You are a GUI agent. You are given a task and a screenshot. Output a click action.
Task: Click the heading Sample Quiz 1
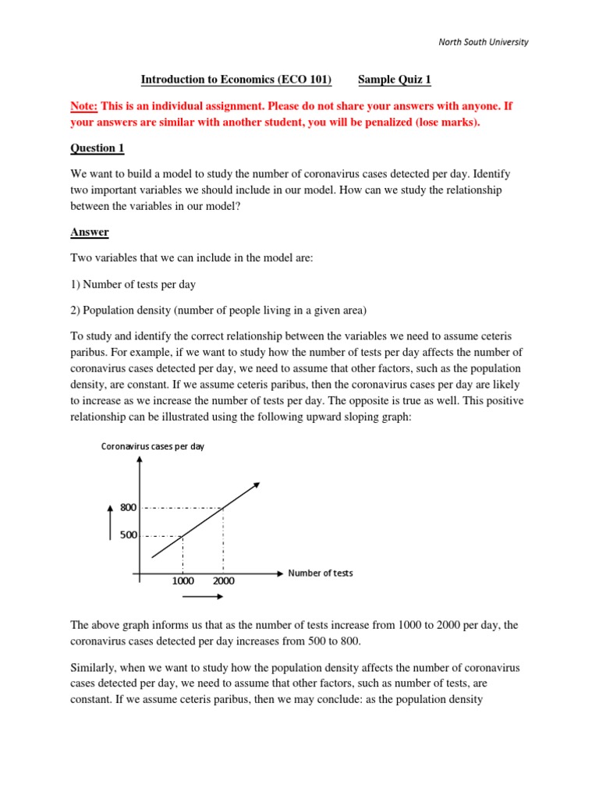click(x=395, y=80)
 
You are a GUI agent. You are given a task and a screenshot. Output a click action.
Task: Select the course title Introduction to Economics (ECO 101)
click(x=236, y=80)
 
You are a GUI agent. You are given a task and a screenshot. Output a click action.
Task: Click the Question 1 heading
click(x=97, y=147)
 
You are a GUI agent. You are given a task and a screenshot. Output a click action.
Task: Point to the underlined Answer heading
click(x=90, y=232)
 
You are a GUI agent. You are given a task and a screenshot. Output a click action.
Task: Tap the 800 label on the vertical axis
click(x=129, y=508)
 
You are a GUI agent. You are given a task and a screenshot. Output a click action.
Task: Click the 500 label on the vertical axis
click(x=129, y=536)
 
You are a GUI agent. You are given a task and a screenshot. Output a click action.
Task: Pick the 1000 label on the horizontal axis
click(x=183, y=581)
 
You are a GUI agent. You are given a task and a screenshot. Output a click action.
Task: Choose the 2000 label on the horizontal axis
click(x=222, y=581)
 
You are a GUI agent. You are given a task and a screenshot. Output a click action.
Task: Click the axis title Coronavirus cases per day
click(x=152, y=446)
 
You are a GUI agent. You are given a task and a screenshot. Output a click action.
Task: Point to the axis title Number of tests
click(x=321, y=573)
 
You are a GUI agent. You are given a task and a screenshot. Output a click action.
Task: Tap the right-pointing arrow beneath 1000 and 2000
click(x=203, y=597)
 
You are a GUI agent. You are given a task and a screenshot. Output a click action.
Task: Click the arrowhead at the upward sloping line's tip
click(x=257, y=485)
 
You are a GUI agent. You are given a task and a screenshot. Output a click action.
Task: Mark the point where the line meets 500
click(x=183, y=536)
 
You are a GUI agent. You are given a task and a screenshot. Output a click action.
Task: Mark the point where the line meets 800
click(x=224, y=509)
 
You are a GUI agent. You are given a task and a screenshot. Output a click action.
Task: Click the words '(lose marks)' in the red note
click(x=448, y=123)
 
